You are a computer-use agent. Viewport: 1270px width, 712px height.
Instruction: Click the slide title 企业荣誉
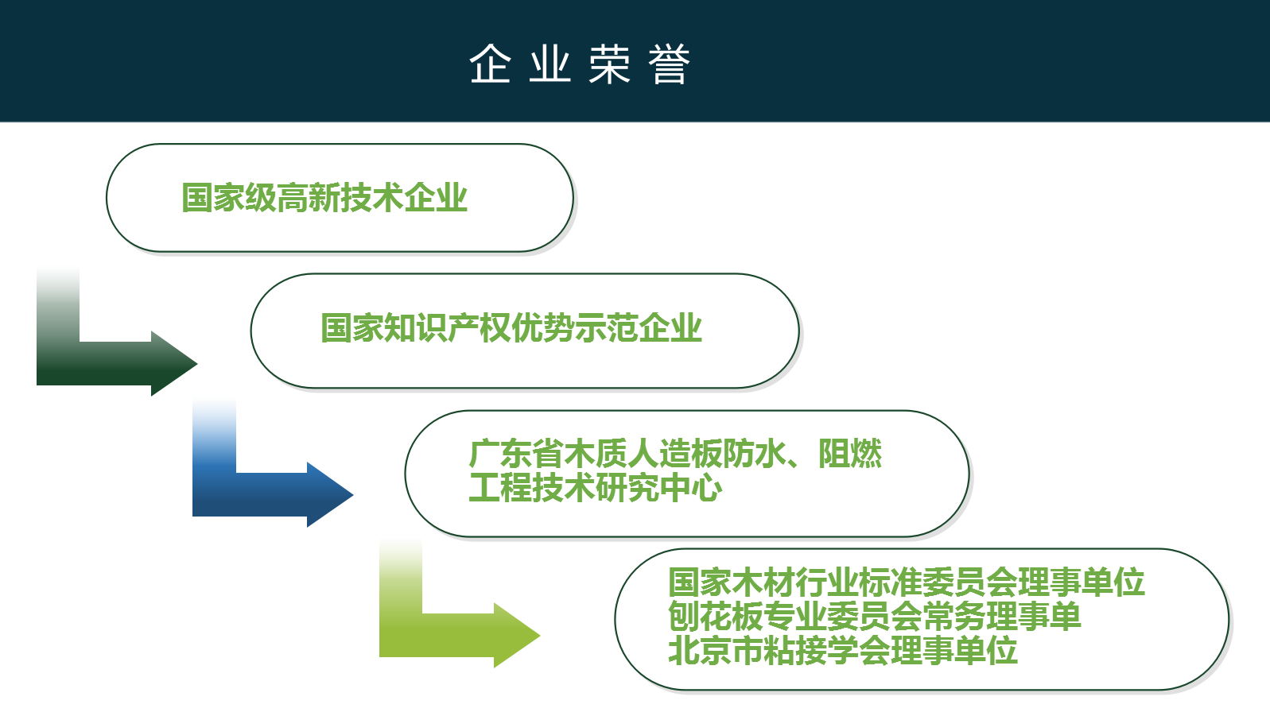[x=580, y=64]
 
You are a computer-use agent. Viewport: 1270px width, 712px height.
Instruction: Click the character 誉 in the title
[x=669, y=64]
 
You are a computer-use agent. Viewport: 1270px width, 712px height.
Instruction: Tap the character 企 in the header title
[x=490, y=64]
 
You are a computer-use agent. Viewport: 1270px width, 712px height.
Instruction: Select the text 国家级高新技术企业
[x=324, y=198]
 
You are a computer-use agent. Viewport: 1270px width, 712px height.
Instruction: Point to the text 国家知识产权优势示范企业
[x=511, y=328]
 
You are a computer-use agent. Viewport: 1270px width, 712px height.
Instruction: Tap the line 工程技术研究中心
[x=596, y=488]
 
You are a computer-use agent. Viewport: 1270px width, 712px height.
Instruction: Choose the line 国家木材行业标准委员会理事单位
[x=906, y=582]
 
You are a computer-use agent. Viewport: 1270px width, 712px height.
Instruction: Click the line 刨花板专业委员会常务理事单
[x=874, y=617]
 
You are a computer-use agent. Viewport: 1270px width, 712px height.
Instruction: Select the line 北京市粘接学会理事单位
[x=842, y=650]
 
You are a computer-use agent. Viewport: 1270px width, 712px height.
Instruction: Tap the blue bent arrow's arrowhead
[x=330, y=494]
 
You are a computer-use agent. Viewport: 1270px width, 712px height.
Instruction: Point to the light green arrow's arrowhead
[x=517, y=636]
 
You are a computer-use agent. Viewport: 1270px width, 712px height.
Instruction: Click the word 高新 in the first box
[x=309, y=198]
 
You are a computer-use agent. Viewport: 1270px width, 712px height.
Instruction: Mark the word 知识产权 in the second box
[x=448, y=328]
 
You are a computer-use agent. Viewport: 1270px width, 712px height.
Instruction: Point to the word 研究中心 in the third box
[x=658, y=488]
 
